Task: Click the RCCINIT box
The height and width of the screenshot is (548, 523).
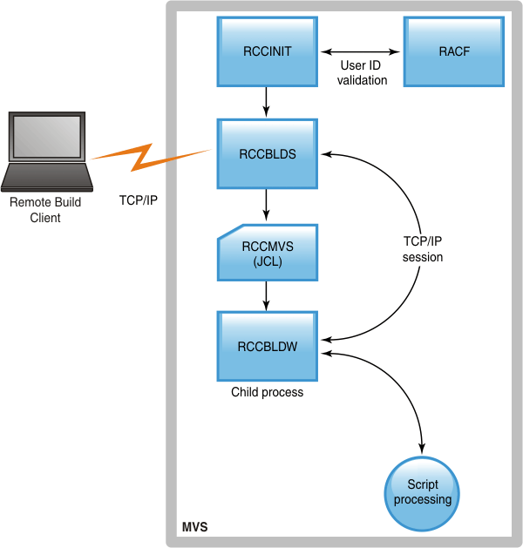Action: pos(267,51)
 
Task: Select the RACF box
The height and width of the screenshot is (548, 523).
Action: pos(454,51)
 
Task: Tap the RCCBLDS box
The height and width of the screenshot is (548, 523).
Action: pos(267,153)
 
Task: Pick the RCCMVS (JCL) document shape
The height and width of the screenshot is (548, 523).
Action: pos(267,253)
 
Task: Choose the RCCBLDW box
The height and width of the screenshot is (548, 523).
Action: pos(267,346)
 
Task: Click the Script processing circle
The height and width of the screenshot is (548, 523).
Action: pos(423,492)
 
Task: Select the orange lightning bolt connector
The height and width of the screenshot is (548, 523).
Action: pos(148,158)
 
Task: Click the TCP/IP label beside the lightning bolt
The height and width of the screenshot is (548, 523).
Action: pos(138,199)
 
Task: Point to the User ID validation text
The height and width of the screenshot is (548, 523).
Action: pos(363,73)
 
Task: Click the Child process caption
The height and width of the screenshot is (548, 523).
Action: pos(267,392)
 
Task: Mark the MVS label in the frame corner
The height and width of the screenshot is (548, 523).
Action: pos(194,528)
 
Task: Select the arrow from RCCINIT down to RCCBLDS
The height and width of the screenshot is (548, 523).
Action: pos(267,102)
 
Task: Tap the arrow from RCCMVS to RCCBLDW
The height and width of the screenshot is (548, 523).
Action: pos(267,297)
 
